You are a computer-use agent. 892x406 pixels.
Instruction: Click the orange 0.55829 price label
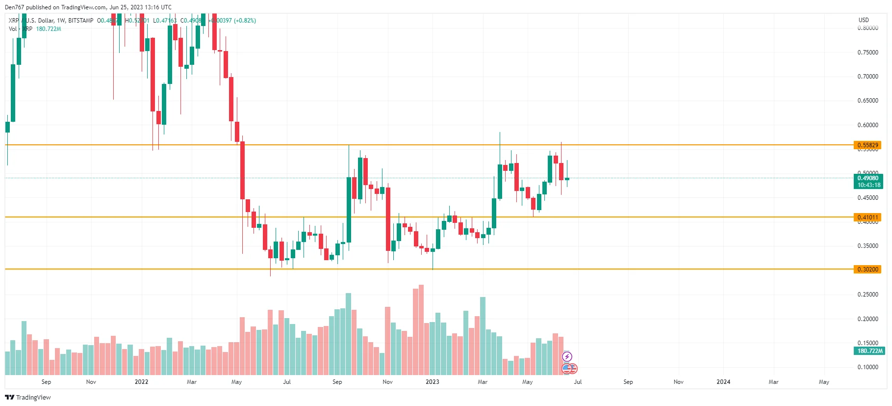[x=867, y=145]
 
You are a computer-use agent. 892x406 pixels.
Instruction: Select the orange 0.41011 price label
[x=867, y=217]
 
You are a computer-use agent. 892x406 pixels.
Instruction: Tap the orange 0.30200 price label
[x=867, y=270]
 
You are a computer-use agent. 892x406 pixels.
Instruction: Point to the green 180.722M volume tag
[x=870, y=351]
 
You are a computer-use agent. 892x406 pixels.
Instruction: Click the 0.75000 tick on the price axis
[x=867, y=53]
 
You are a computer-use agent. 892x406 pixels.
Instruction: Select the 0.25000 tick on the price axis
[x=867, y=295]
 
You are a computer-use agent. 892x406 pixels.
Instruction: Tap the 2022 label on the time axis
[x=141, y=382]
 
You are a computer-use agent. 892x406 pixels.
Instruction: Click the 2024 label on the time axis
[x=723, y=382]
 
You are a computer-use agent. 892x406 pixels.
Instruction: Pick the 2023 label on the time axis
[x=433, y=382]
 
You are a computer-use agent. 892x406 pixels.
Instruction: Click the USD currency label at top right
[x=864, y=20]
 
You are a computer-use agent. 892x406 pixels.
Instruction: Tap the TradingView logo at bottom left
[x=28, y=397]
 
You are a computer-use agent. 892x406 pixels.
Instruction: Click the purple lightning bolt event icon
[x=567, y=356]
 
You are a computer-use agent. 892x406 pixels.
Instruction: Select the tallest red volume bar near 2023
[x=421, y=329]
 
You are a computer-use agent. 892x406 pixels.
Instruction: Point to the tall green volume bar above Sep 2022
[x=348, y=334]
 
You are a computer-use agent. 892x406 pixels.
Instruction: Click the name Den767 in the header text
[x=14, y=7]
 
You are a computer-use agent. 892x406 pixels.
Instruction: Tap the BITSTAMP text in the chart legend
[x=80, y=21]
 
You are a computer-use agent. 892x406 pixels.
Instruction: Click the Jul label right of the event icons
[x=578, y=382]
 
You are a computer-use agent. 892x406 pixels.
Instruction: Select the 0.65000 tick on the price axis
[x=867, y=101]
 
